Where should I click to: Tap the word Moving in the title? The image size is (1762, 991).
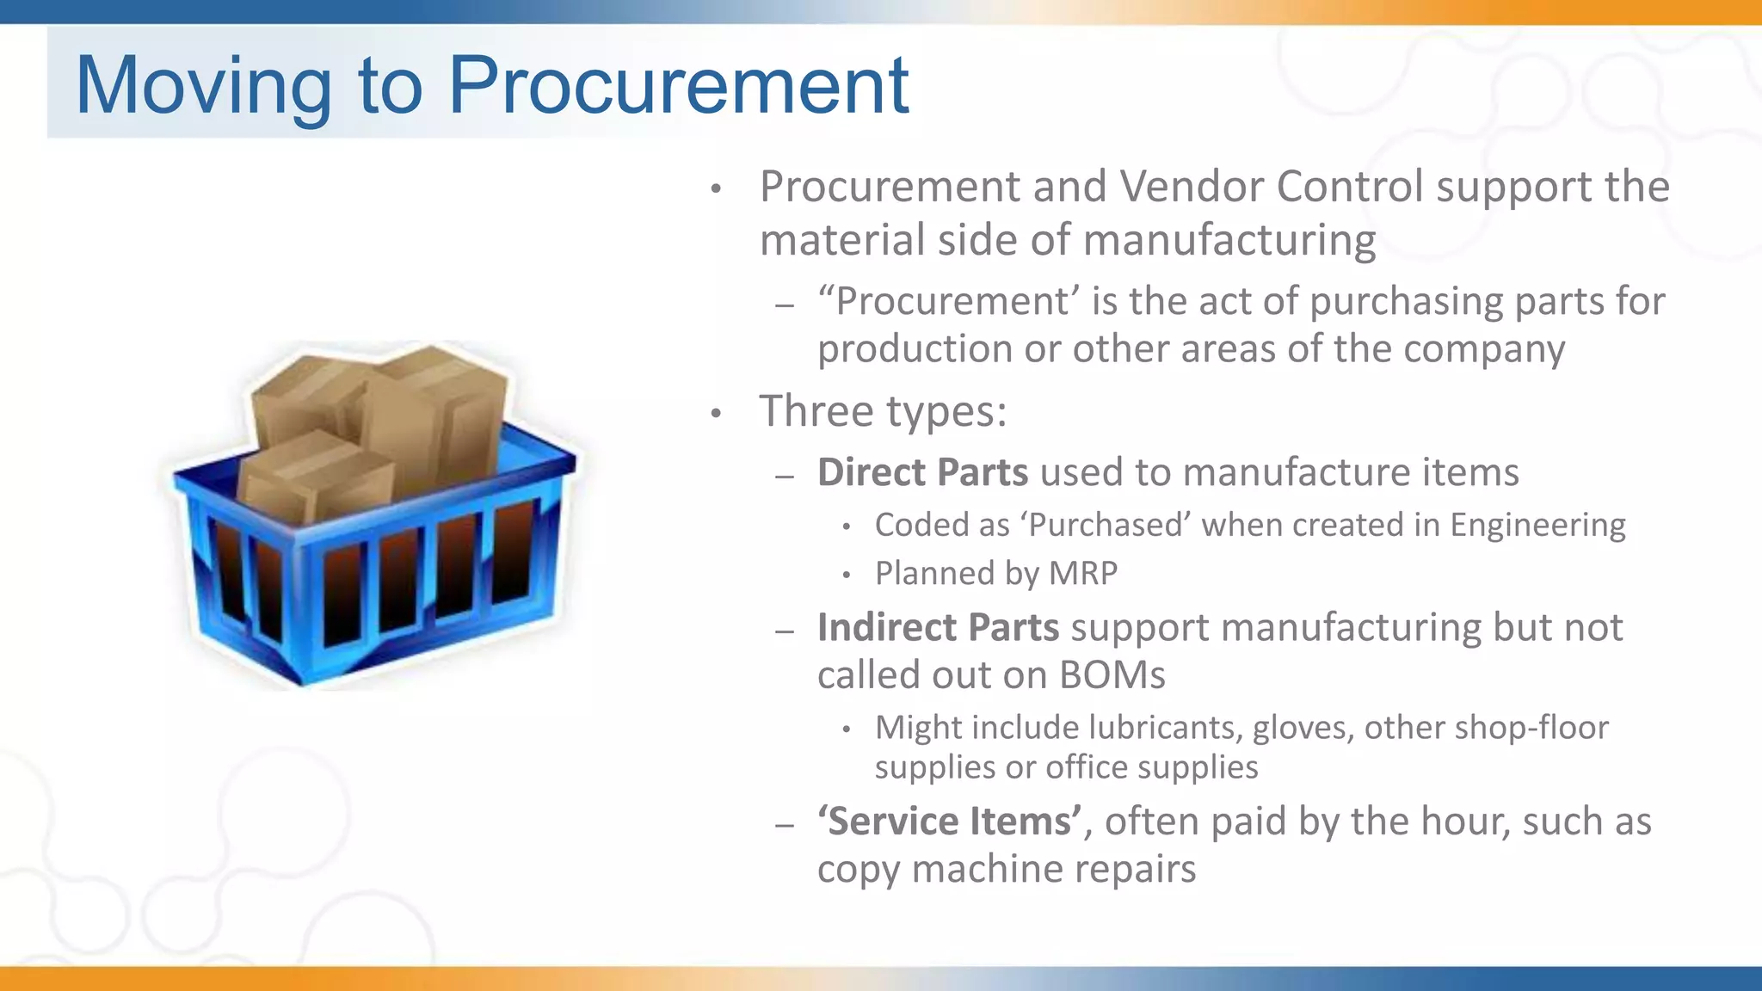203,86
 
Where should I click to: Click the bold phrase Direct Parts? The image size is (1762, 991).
922,472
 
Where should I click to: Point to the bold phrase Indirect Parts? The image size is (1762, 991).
938,627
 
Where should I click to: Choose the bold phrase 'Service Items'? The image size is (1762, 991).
949,821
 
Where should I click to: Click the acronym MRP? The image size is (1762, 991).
1082,573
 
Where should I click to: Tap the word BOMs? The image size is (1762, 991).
1112,675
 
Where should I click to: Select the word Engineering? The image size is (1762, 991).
1537,525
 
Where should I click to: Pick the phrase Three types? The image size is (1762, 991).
883,411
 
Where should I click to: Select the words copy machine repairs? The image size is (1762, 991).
1006,869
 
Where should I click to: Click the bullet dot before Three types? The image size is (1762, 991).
716,414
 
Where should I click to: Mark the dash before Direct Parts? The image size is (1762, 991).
784,475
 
